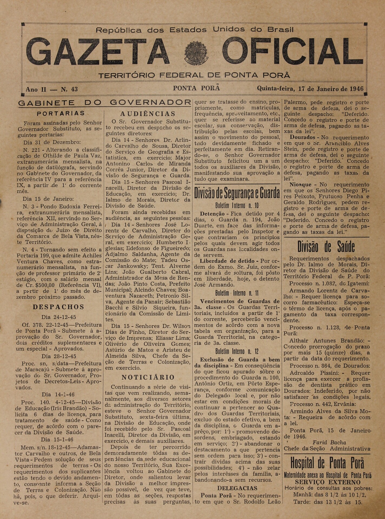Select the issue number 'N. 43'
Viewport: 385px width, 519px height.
69,89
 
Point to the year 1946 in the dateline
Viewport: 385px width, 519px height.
356,89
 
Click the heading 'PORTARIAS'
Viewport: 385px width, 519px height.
61,113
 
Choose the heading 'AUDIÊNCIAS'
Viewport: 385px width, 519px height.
148,114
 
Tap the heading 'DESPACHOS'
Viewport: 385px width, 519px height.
59,307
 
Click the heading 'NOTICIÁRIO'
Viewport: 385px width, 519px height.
148,377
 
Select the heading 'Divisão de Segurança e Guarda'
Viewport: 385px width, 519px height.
237,193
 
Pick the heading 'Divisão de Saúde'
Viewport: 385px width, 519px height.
326,247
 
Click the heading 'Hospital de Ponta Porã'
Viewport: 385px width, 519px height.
327,463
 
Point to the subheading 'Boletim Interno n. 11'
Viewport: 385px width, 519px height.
237,293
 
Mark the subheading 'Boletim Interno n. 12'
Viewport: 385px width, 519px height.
237,351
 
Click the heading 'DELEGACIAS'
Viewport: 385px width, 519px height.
237,488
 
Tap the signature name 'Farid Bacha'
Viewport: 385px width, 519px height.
329,443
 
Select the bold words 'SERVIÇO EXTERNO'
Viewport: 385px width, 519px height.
328,482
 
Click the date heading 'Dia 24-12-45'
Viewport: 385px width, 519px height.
59,317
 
